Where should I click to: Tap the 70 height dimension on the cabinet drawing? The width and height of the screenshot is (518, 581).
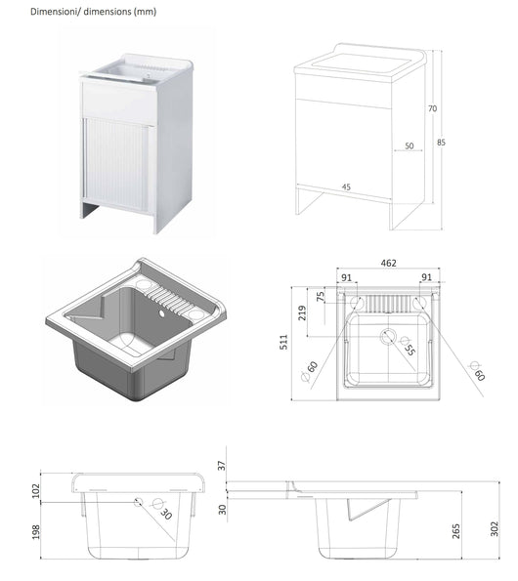click(x=432, y=109)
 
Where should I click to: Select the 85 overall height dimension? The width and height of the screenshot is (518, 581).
click(x=442, y=143)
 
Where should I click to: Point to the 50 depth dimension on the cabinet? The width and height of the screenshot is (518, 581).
click(x=408, y=145)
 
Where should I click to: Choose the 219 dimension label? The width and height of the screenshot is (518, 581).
click(x=305, y=312)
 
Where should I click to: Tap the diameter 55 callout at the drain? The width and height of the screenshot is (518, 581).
click(x=409, y=348)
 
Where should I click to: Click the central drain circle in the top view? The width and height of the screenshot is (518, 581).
click(x=388, y=338)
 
